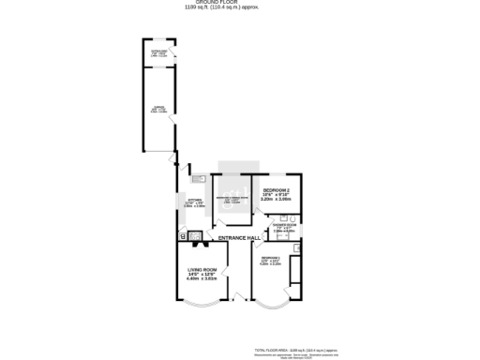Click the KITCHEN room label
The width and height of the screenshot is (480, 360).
[x=194, y=202]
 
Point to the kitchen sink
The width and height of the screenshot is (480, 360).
[x=199, y=179]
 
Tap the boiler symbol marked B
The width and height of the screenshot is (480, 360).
[x=183, y=235]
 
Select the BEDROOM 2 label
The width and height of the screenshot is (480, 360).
[x=277, y=190]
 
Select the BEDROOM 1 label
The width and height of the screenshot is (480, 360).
[x=271, y=260]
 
